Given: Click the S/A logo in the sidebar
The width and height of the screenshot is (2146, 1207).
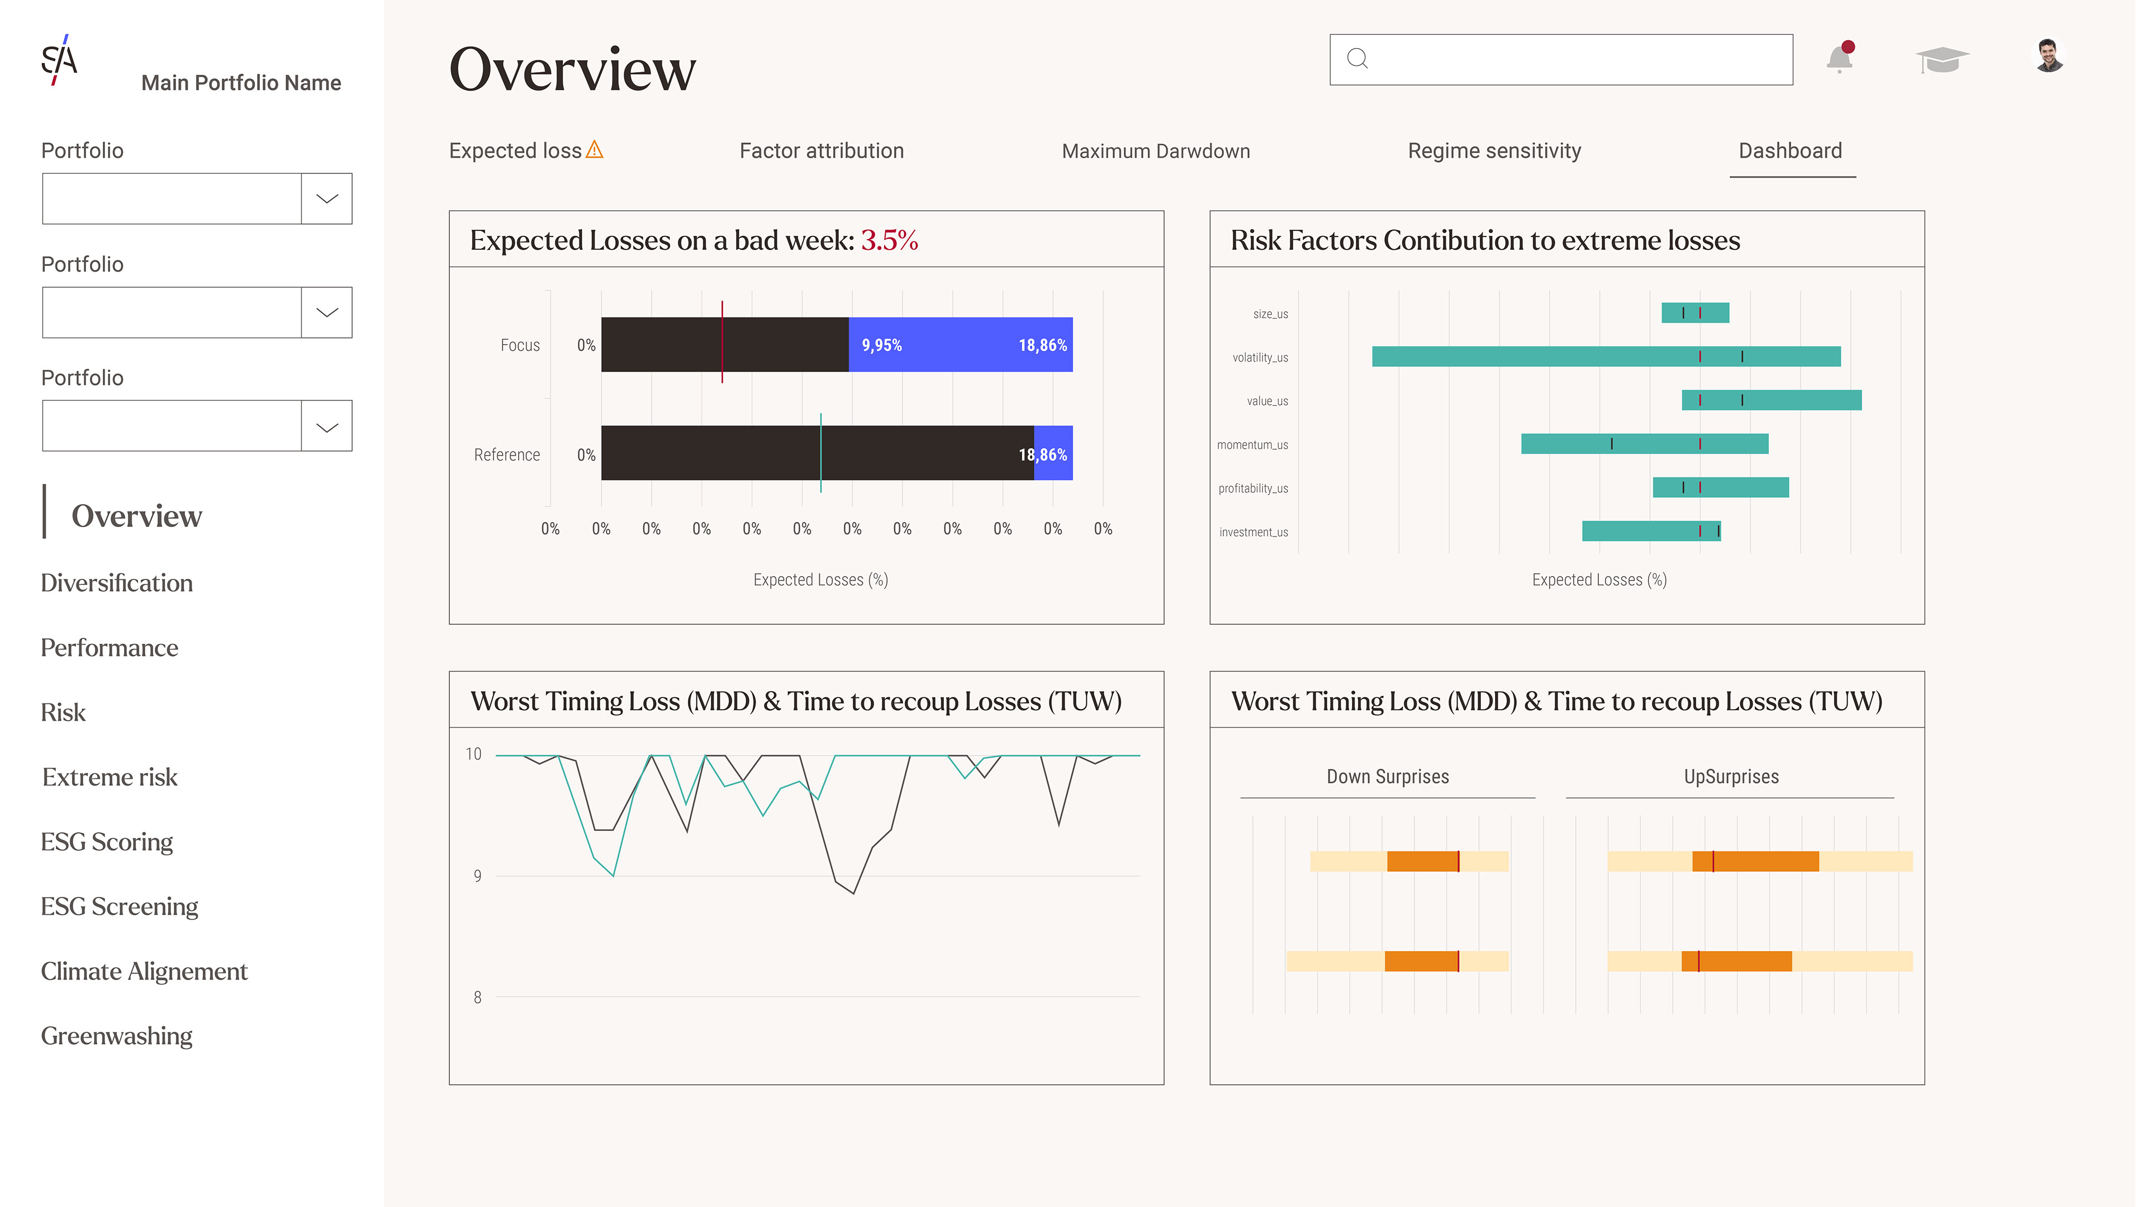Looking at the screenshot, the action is [60, 60].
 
